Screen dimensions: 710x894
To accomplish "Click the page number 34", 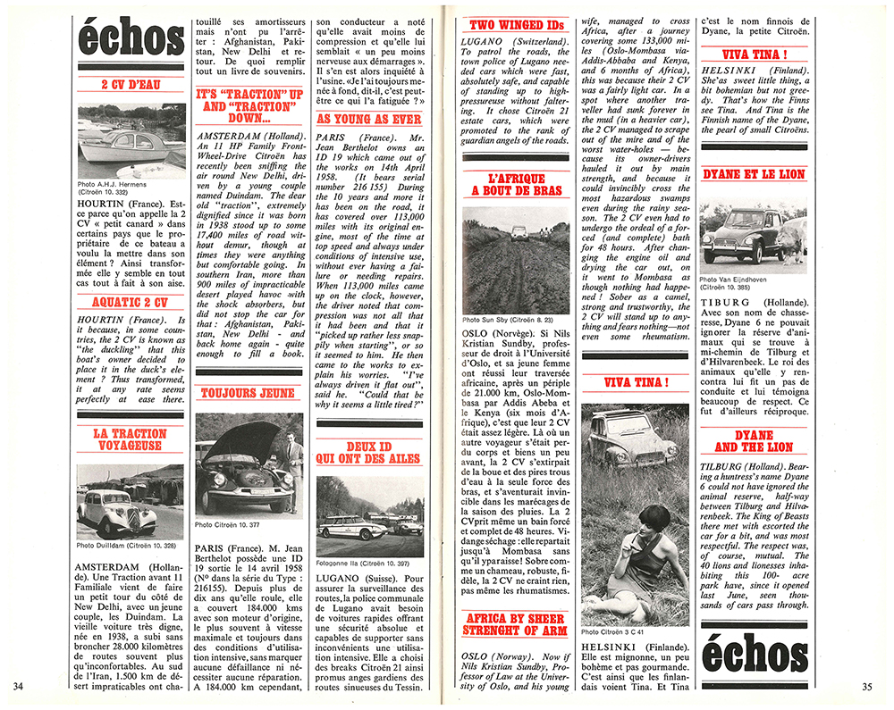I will pos(20,686).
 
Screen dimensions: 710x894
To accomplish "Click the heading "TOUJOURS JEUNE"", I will pos(249,392).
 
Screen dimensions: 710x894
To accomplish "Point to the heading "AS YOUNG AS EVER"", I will pos(368,119).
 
